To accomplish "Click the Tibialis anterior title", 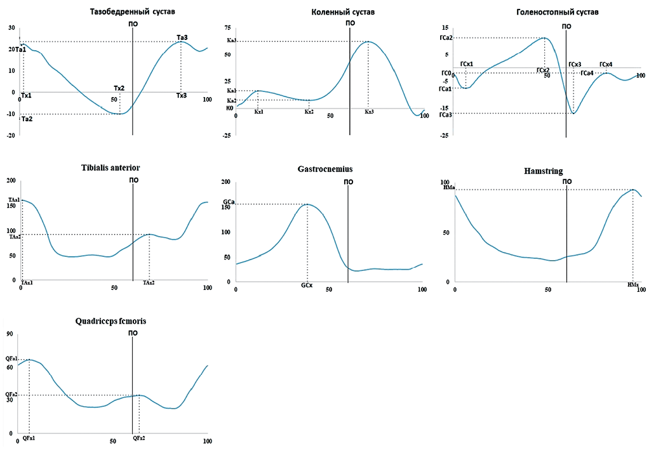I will [110, 167].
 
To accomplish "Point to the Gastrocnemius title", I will [325, 169].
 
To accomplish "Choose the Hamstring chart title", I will [544, 171].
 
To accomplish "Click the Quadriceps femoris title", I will [111, 322].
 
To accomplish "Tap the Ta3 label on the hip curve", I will [182, 37].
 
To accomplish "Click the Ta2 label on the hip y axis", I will [27, 119].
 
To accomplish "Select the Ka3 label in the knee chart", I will [231, 41].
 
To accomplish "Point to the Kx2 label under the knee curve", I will [309, 112].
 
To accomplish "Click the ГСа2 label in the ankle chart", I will [445, 38].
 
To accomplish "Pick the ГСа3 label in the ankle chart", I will [445, 115].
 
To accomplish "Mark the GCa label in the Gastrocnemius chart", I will [229, 202].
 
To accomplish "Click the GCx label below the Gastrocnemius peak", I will [307, 286].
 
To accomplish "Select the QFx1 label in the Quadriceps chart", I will [29, 438].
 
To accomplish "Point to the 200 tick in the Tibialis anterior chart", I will [10, 181].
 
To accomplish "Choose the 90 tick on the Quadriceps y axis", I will [10, 334].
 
